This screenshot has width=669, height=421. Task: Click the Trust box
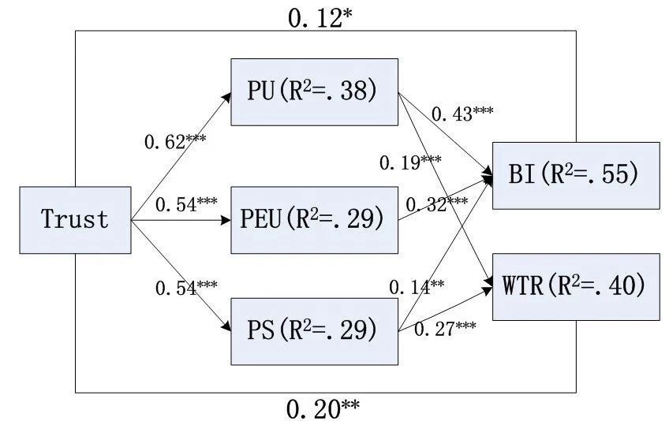pyautogui.click(x=74, y=220)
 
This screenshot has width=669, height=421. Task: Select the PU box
pyautogui.click(x=313, y=91)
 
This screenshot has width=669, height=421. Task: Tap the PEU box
pyautogui.click(x=313, y=219)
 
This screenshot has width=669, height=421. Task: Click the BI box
pyautogui.click(x=575, y=175)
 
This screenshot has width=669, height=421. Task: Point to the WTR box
pyautogui.click(x=575, y=286)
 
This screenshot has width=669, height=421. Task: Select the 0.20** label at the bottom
pyautogui.click(x=323, y=408)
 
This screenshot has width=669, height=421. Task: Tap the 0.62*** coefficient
pyautogui.click(x=175, y=142)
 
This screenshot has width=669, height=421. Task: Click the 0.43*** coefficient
pyautogui.click(x=462, y=114)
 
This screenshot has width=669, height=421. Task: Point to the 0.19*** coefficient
pyautogui.click(x=410, y=162)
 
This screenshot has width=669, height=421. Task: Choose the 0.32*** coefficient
pyautogui.click(x=436, y=205)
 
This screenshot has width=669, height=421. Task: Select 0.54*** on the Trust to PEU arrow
pyautogui.click(x=187, y=205)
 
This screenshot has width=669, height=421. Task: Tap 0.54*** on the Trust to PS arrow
pyautogui.click(x=187, y=288)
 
